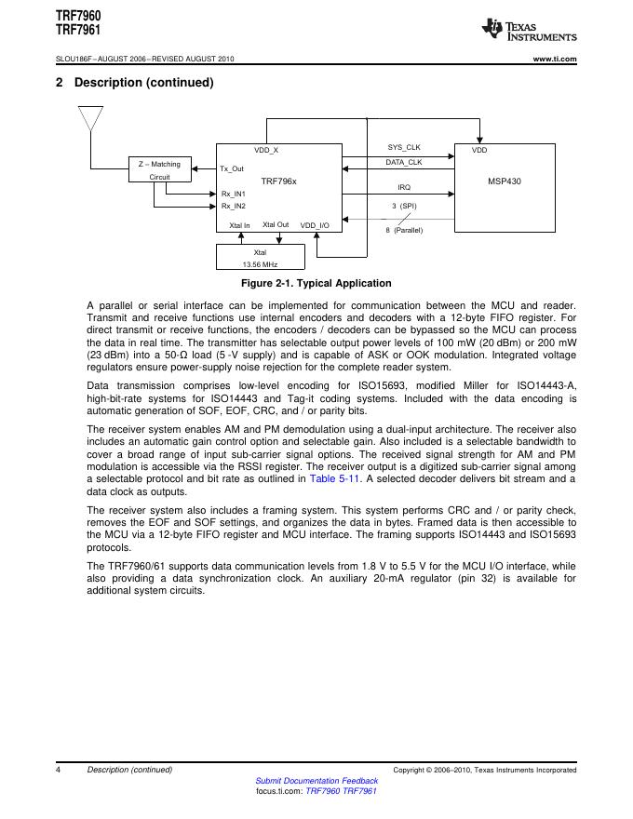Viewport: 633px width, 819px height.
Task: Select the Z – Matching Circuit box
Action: [x=159, y=169]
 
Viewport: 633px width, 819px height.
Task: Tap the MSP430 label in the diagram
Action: [x=504, y=181]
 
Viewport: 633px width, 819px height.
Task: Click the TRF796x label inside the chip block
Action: [x=278, y=181]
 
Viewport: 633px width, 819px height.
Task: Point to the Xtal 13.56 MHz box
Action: [x=260, y=258]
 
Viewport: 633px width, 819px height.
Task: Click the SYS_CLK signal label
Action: [x=404, y=148]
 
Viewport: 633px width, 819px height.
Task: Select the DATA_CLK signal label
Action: [x=404, y=162]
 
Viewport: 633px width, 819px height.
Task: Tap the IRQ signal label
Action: [x=404, y=188]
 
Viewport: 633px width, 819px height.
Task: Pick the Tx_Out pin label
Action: [x=232, y=169]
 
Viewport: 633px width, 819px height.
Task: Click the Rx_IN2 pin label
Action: [x=233, y=205]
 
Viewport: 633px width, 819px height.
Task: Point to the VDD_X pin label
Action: [x=266, y=150]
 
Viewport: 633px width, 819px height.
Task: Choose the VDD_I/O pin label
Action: [x=314, y=225]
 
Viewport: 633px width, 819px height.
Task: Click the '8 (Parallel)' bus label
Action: [x=404, y=230]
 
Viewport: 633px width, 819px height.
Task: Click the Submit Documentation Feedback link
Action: [x=316, y=781]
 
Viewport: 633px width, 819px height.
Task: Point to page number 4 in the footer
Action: [x=58, y=770]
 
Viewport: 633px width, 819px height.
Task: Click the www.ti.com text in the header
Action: [x=554, y=60]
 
